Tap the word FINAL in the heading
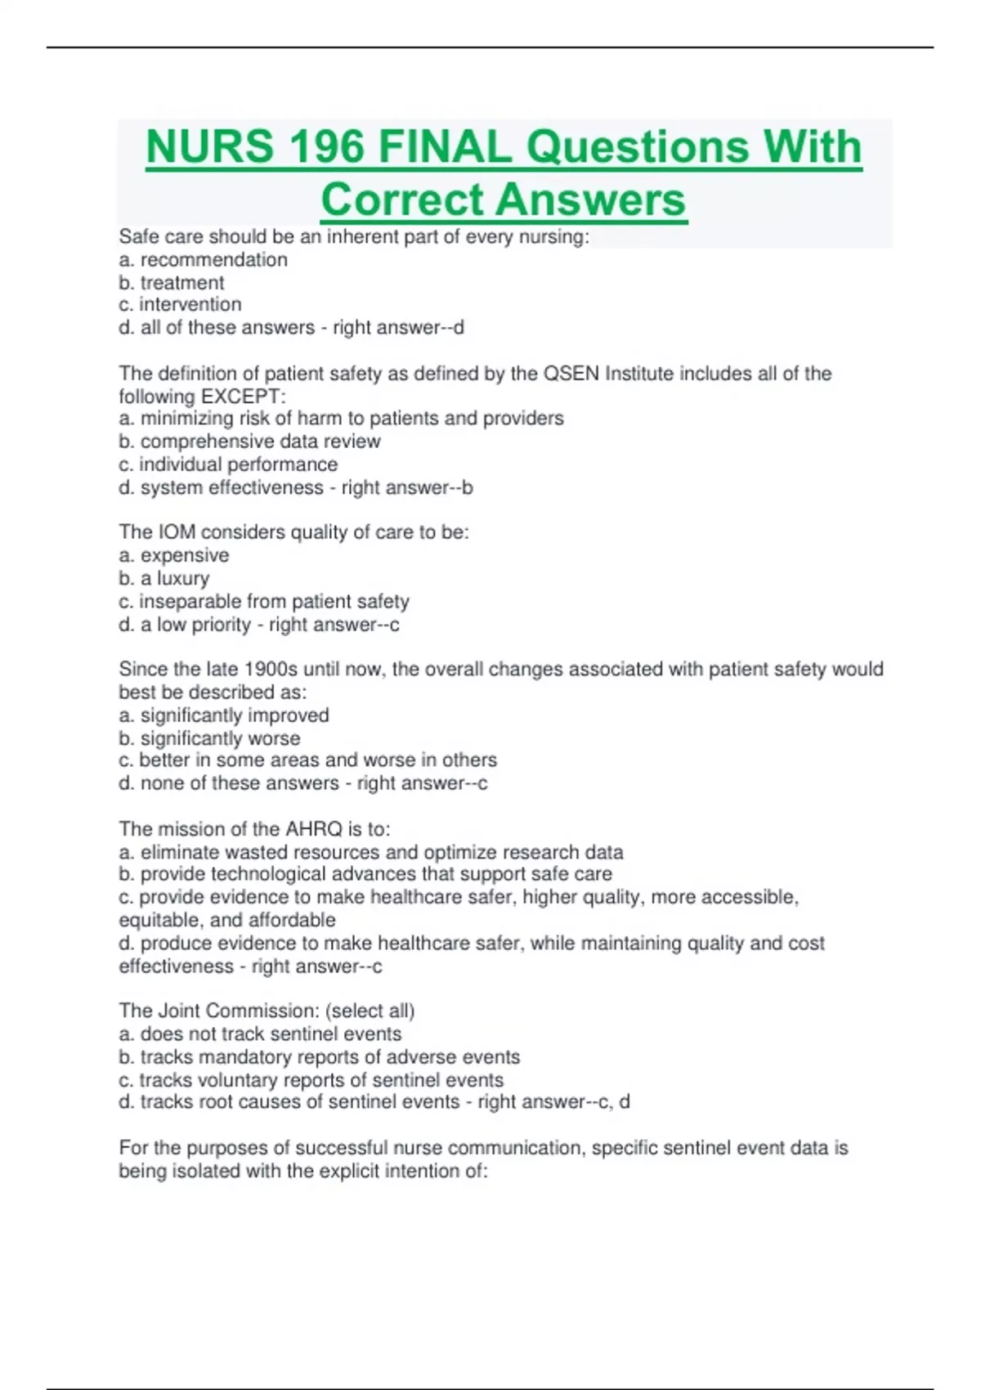444,147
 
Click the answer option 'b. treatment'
172,283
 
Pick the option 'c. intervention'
180,304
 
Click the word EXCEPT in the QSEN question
243,397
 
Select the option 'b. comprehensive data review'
249,442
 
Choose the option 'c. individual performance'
228,464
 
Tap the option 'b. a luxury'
164,578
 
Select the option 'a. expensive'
174,555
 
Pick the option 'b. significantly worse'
209,738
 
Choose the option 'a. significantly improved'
224,715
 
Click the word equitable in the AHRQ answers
159,921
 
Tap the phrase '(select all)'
370,1011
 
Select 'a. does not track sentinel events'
260,1034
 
